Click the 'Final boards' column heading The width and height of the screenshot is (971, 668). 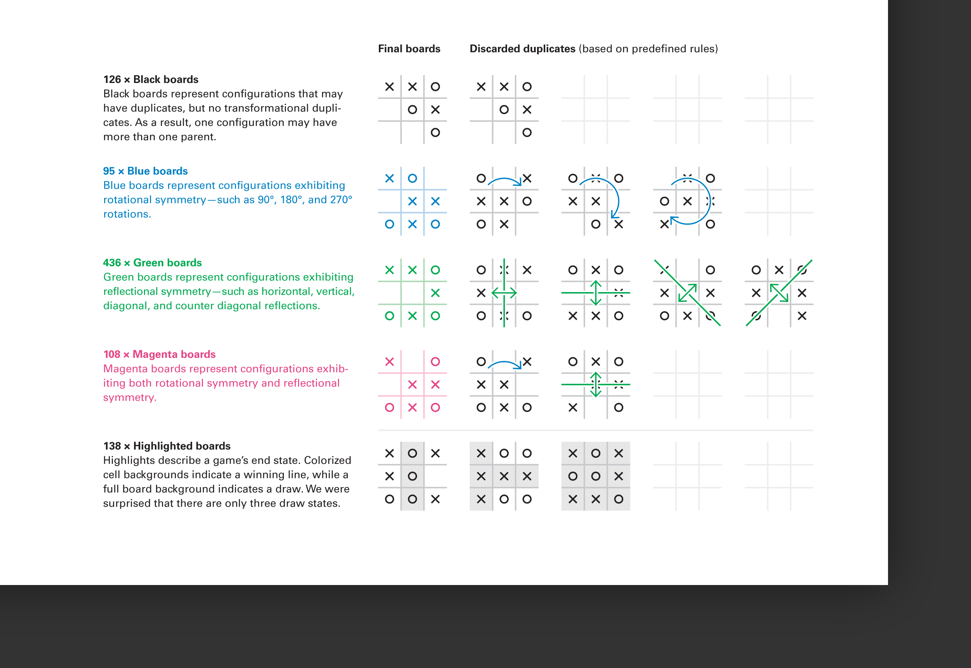(409, 49)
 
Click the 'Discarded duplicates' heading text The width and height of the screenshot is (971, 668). (522, 49)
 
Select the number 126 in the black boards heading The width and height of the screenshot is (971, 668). (112, 80)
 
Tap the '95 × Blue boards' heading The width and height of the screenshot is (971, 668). (145, 171)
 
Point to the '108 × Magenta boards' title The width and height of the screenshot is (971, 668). (159, 354)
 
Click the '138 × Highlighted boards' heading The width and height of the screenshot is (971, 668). (166, 446)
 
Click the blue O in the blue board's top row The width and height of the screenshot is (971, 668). (412, 178)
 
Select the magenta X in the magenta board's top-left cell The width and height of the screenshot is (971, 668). (389, 362)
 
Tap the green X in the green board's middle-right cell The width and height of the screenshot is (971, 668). (435, 293)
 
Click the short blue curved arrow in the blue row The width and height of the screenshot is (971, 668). (505, 181)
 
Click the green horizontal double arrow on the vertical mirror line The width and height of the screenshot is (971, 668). (504, 293)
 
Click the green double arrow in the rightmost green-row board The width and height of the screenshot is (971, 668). (779, 293)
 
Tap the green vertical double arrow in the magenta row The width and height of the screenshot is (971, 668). (595, 384)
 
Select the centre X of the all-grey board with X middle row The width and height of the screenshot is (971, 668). (504, 476)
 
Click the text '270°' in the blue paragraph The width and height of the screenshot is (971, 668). (342, 200)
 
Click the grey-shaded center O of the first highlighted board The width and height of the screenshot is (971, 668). (412, 476)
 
